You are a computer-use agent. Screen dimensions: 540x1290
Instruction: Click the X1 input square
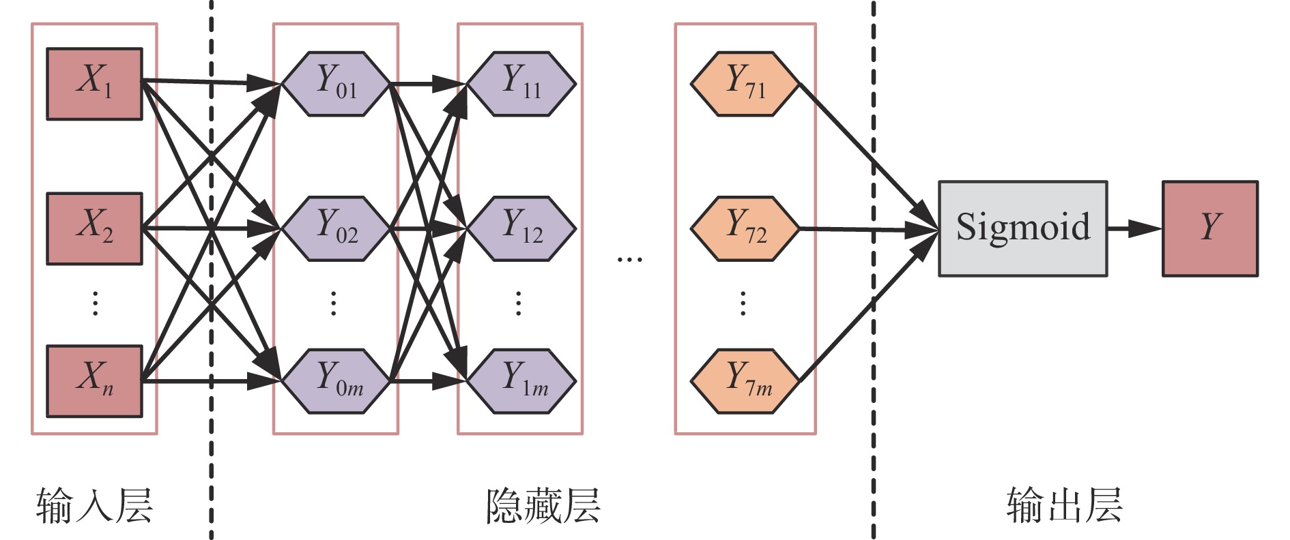94,84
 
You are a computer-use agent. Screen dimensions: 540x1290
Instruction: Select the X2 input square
94,228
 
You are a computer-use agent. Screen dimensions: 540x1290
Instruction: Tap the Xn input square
94,381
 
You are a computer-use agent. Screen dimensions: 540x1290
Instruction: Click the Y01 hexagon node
336,84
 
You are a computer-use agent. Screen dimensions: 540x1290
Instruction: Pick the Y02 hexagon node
336,228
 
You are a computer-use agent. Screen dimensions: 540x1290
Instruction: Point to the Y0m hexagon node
336,381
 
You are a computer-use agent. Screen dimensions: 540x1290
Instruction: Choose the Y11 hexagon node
521,84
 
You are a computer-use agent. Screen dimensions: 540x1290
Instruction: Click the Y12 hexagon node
521,228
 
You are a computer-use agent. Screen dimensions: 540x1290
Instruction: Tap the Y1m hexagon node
521,381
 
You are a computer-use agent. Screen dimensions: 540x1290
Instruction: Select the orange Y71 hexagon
745,84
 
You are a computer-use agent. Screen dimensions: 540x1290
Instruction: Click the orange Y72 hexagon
745,228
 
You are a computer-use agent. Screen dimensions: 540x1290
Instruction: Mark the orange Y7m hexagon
745,381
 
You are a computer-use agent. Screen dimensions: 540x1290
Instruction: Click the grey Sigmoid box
1022,228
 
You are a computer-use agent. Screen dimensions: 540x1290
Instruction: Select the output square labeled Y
1209,228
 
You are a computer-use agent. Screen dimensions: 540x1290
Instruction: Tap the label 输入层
94,506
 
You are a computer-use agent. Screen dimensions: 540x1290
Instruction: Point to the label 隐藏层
543,506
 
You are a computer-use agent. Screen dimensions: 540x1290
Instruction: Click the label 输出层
1064,506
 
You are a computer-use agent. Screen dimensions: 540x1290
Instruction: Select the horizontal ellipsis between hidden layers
629,260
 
